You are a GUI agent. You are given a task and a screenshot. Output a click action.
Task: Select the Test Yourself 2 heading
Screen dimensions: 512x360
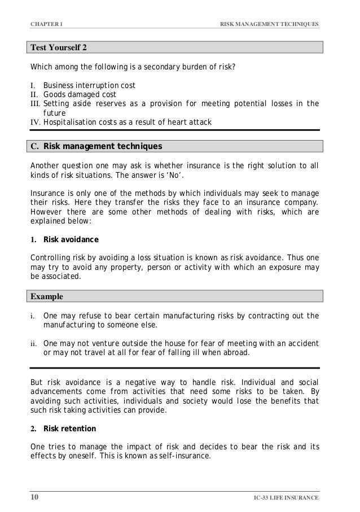59,47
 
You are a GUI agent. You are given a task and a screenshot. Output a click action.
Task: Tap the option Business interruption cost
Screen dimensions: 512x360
89,86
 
